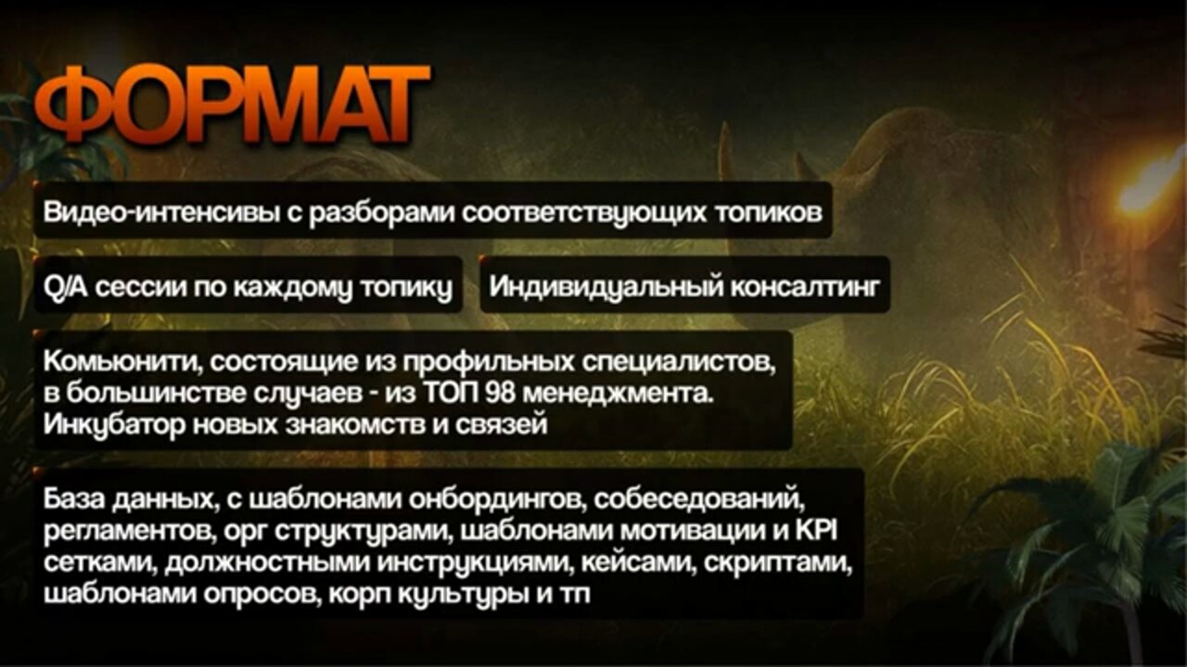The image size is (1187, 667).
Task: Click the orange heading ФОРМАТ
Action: [232, 105]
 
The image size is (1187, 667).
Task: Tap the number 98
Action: [500, 394]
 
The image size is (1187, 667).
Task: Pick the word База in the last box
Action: [73, 498]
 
